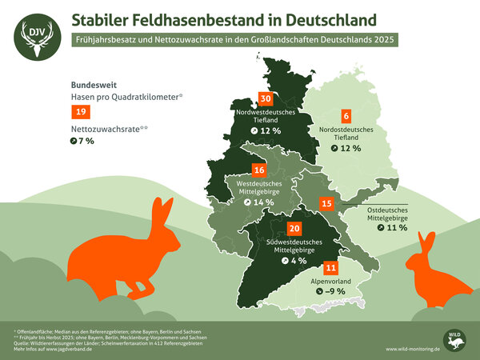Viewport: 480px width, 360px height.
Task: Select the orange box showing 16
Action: [x=258, y=170]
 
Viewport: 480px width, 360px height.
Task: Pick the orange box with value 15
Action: [x=326, y=204]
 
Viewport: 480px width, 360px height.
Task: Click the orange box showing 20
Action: [x=271, y=228]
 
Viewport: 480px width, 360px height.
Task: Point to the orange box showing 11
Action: [x=330, y=268]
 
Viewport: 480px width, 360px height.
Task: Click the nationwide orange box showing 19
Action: [x=80, y=112]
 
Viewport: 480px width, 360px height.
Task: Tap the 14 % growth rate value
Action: [x=262, y=202]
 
